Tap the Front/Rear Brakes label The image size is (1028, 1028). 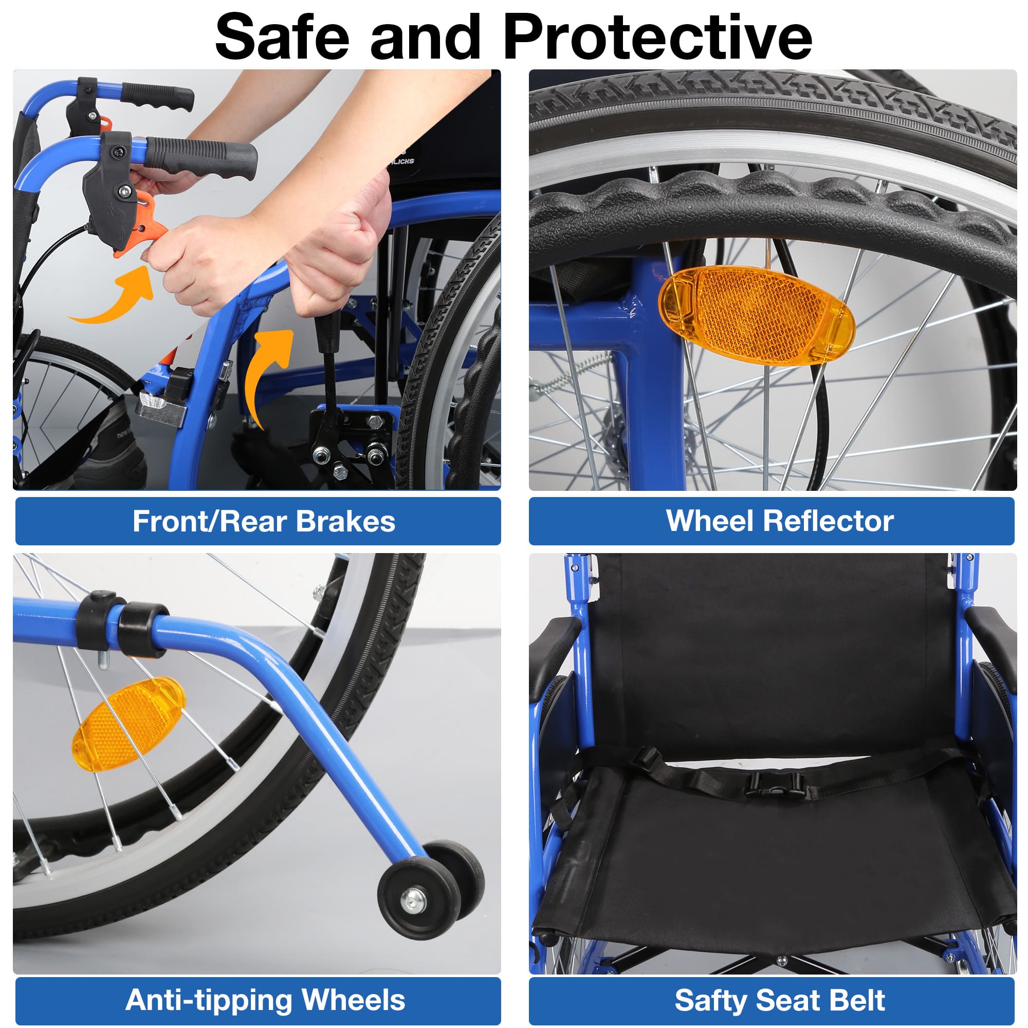[x=263, y=521]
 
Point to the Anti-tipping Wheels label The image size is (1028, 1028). [x=265, y=1000]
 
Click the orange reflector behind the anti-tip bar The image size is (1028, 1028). [x=127, y=724]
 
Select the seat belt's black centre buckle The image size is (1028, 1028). [x=774, y=783]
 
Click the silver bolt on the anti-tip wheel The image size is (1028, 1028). [x=413, y=898]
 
